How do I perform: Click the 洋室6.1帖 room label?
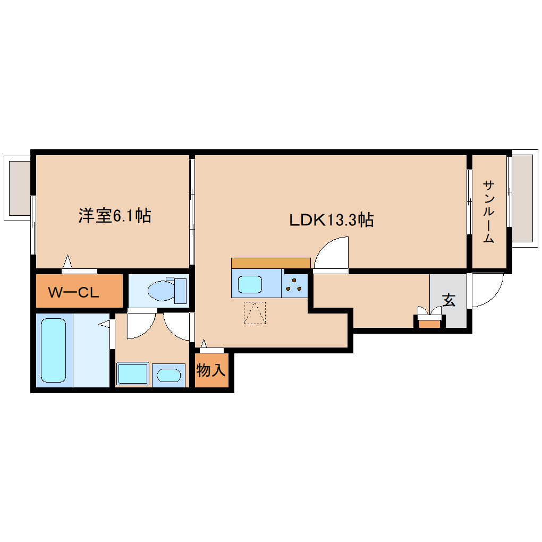coord(115,216)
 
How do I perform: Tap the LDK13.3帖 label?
coord(331,220)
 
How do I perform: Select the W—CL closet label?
coord(73,292)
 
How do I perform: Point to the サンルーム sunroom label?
coord(488,211)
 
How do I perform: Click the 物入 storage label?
coord(211,370)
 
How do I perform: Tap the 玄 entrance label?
coord(448,300)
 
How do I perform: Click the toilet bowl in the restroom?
coord(161,290)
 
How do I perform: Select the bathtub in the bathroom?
coord(54,350)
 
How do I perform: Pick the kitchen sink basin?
coord(250,284)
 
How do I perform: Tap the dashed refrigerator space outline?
coord(255,313)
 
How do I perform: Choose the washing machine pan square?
coord(133,374)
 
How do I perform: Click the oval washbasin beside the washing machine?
coord(168,375)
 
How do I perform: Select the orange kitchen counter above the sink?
coord(270,263)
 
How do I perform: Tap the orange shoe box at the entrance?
coord(430,324)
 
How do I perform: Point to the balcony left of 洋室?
coord(18,189)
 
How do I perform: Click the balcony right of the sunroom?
coord(524,198)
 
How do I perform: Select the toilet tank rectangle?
coord(181,291)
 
